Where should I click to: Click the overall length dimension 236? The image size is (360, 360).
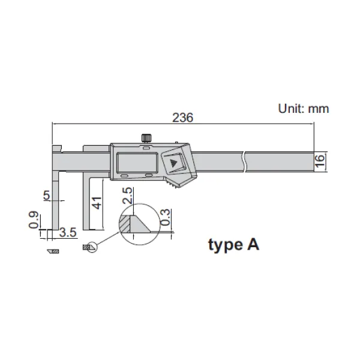click(182, 118)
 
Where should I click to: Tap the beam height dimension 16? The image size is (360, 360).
click(320, 160)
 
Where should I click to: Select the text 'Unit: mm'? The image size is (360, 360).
click(304, 109)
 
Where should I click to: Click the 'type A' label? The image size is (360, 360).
click(233, 245)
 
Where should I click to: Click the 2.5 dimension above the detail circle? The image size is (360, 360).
click(128, 196)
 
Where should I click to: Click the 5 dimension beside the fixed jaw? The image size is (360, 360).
click(46, 194)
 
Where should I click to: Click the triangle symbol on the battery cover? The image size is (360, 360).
click(175, 161)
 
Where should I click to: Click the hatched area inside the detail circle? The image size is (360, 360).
click(127, 224)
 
